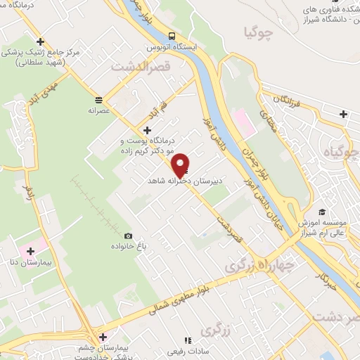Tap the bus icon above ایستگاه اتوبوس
point(172,37)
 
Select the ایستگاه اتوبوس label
point(173,48)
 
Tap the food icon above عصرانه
point(98,99)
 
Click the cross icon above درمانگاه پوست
point(146,130)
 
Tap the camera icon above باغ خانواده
point(127,236)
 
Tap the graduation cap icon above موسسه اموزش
point(321,211)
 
